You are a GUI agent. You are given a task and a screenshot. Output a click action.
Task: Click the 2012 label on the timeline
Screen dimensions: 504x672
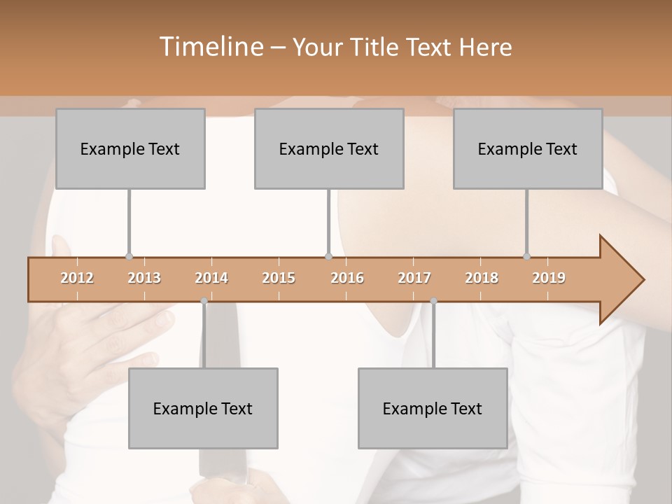[77, 278]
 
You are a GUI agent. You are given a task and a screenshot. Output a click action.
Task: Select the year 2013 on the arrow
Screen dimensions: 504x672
[144, 278]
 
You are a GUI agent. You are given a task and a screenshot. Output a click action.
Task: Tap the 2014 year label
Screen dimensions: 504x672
[211, 278]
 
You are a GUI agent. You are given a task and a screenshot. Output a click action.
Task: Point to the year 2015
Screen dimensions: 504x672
[279, 278]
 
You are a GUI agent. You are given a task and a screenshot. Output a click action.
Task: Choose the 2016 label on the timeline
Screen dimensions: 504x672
[347, 278]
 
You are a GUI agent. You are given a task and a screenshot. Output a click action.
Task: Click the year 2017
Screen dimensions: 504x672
[414, 278]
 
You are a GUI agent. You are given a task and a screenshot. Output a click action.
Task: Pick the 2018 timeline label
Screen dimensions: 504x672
[482, 278]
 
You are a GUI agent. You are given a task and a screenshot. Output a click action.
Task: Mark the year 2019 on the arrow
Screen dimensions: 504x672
[549, 278]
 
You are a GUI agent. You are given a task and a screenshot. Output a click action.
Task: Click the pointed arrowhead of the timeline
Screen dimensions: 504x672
[623, 280]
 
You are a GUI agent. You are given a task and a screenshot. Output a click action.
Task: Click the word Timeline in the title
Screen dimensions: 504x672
[211, 47]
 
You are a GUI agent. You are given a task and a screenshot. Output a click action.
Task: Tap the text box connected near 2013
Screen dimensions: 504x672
[130, 148]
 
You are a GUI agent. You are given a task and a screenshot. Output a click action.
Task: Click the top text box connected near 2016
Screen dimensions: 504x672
[329, 148]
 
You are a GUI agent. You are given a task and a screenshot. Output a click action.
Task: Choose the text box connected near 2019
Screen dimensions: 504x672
[528, 148]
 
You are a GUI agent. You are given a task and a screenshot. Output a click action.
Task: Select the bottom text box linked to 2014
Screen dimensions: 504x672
[203, 408]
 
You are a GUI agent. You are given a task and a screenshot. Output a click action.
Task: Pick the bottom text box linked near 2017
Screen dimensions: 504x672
[433, 408]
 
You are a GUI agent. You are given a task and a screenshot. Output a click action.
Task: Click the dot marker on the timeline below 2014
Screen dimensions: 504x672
[204, 301]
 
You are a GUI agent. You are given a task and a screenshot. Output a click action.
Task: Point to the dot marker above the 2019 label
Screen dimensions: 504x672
[527, 256]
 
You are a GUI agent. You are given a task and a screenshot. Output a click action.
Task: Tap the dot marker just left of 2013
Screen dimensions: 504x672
[129, 256]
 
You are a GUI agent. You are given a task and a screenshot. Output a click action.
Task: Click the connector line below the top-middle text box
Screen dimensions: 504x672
[329, 220]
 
